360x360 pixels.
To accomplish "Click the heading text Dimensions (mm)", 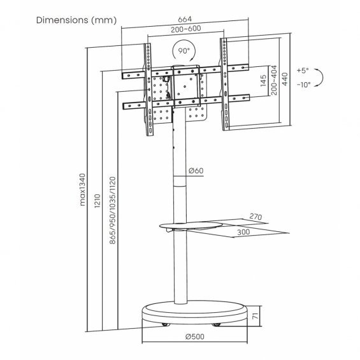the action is [x=76, y=20].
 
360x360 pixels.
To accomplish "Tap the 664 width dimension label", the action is [x=185, y=19].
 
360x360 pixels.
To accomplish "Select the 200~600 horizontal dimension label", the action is [x=186, y=29].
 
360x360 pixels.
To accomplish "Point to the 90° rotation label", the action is [x=184, y=51].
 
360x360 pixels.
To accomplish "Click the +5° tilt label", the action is [x=303, y=70].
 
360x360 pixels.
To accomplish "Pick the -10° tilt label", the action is [x=303, y=85].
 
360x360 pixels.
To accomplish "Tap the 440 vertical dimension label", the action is [x=285, y=79].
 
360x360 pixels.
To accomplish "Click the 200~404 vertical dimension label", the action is [x=274, y=80].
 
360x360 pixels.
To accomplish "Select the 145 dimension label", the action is [x=263, y=80].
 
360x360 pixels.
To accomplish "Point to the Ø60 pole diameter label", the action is [x=196, y=171].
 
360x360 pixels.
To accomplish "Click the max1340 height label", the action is [x=82, y=190].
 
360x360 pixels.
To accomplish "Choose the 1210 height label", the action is [x=97, y=201].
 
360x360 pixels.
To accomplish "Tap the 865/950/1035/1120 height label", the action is [x=113, y=210].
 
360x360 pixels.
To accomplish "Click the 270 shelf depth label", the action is [x=256, y=217].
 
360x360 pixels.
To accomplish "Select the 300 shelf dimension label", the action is [x=243, y=232].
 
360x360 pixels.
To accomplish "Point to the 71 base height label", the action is [x=256, y=316].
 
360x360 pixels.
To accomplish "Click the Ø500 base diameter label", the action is [x=195, y=336].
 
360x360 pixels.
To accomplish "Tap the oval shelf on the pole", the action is [x=191, y=226].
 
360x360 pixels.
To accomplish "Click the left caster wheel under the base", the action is [x=166, y=324].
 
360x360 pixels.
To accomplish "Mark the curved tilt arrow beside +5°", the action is [x=323, y=78].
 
